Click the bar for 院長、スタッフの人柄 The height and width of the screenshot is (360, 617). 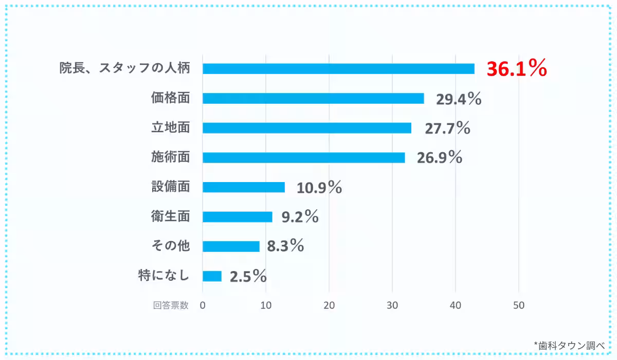338,69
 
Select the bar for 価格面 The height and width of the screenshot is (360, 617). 313,98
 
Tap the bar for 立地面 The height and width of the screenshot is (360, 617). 307,128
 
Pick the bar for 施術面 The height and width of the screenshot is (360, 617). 304,157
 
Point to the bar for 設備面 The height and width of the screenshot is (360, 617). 244,187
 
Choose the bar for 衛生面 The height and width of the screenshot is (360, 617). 238,217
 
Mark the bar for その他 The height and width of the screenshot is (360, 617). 231,246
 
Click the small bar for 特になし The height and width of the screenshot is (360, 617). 212,276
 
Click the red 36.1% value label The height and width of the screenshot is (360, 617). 517,69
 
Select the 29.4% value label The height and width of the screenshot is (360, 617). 459,99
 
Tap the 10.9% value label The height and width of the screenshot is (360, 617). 319,188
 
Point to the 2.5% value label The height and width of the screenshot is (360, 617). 248,277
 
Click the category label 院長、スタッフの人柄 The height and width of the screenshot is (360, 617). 124,69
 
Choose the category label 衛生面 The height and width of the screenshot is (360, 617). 171,217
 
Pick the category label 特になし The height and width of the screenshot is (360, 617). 164,276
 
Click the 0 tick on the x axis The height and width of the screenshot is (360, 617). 203,305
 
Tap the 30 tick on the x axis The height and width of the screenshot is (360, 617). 392,305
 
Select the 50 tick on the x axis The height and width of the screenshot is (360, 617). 518,305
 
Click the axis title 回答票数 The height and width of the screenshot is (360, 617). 171,305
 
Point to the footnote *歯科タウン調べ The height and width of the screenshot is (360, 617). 569,345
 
